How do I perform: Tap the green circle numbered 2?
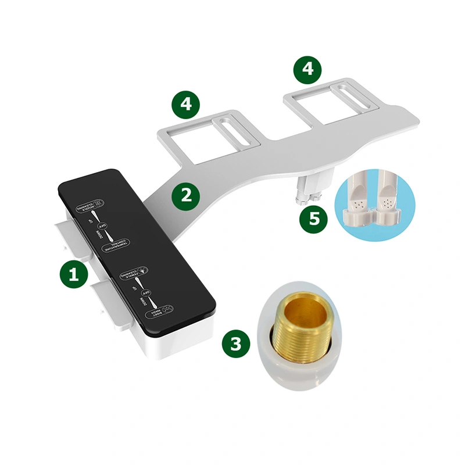point(186,195)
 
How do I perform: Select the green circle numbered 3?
point(235,344)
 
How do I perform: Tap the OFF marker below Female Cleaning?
point(146,292)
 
